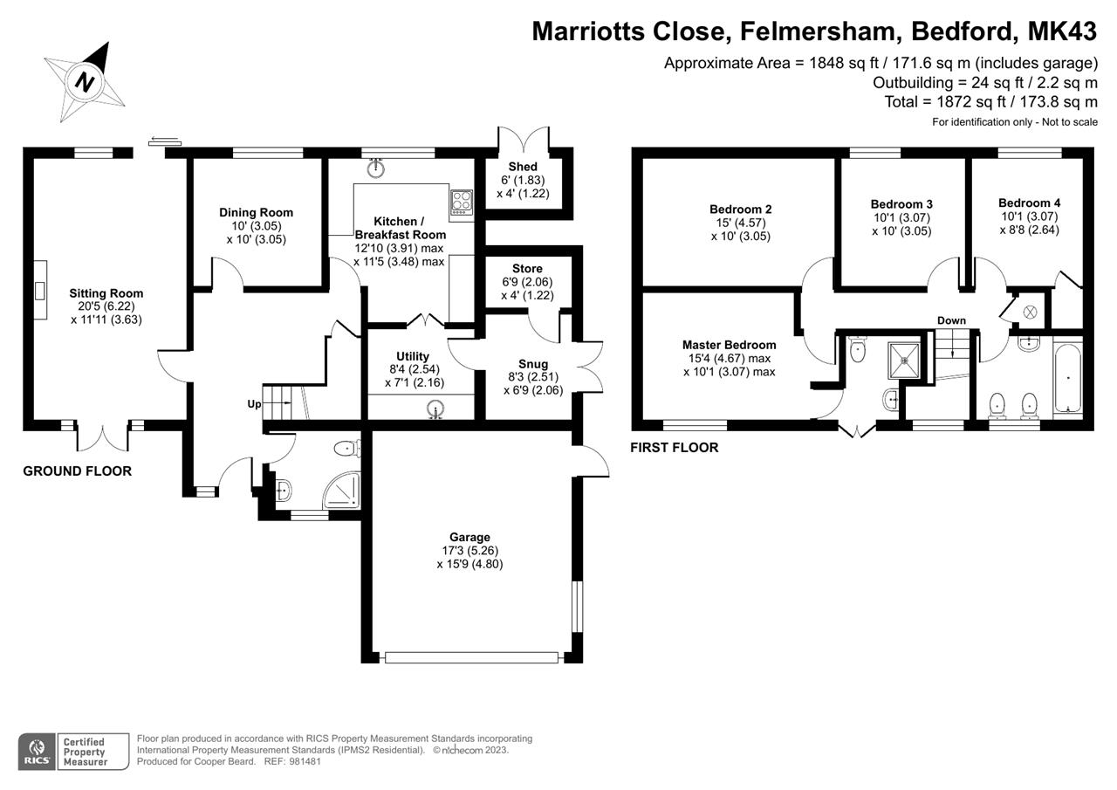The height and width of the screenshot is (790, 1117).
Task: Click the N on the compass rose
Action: point(86,81)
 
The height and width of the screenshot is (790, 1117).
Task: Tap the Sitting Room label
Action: point(106,293)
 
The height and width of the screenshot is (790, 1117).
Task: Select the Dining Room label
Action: point(257,212)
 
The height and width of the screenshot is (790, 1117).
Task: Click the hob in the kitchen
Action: point(462,203)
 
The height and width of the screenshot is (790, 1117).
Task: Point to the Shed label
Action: point(523,167)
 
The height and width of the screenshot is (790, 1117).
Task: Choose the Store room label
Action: point(527,268)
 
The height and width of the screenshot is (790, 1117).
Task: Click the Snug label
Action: point(533,364)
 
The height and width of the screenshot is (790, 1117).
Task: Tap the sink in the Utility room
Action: point(435,409)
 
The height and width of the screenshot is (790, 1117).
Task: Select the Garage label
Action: point(469,537)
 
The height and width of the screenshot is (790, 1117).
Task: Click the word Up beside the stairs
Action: point(254,404)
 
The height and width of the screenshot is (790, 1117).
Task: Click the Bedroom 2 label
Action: point(741,209)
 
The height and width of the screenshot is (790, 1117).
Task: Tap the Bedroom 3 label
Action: point(901,204)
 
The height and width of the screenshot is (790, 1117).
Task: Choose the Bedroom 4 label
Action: point(1029,203)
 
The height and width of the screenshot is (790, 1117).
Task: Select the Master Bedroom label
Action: point(729,345)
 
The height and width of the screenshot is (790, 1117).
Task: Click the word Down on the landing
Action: point(951,320)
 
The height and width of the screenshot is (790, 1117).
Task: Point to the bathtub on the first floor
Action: point(1067,378)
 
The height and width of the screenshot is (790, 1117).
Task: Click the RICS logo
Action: point(37,751)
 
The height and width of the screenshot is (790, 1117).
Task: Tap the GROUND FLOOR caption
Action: point(78,471)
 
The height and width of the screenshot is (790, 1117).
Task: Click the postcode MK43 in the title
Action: point(1062,31)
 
